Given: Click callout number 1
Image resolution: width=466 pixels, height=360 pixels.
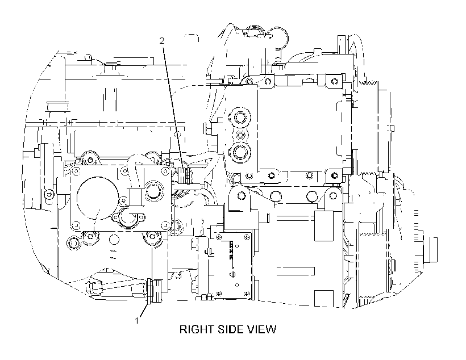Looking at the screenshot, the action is (137, 321).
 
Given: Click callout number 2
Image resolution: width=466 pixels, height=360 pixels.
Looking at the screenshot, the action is (161, 41).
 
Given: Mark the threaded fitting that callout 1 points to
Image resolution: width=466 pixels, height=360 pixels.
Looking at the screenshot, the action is (154, 291).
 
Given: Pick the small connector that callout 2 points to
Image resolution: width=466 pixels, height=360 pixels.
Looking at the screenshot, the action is (187, 175).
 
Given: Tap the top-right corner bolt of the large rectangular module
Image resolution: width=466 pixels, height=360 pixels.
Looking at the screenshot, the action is (334, 81).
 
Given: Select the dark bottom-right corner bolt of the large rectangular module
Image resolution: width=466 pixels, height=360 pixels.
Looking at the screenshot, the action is (334, 175).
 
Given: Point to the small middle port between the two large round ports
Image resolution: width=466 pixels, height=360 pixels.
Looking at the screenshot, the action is (240, 135).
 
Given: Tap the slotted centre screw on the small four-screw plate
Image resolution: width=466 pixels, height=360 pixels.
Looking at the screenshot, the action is (232, 274).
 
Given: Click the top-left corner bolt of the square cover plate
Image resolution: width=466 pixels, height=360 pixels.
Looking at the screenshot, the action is (76, 171).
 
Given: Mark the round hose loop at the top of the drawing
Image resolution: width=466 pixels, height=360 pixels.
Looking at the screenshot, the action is (279, 37).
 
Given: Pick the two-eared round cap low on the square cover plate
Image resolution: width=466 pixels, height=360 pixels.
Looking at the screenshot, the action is (128, 217).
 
